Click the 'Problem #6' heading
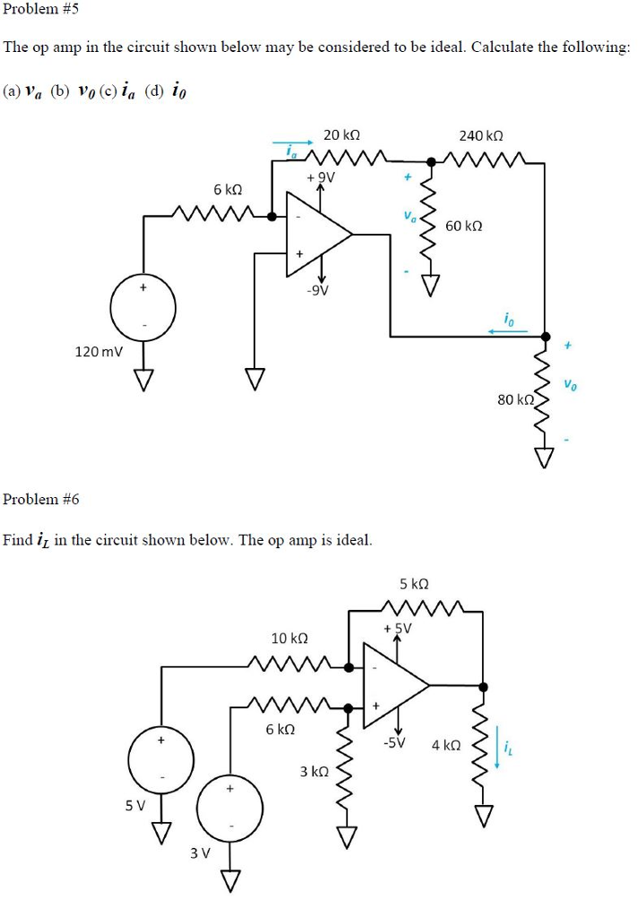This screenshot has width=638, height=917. click(41, 499)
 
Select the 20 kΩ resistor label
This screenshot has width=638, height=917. click(341, 135)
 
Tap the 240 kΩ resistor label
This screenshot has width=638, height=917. click(480, 135)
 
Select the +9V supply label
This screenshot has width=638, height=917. click(320, 176)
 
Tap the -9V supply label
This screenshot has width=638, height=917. click(318, 289)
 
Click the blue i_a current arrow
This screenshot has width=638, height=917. click(293, 141)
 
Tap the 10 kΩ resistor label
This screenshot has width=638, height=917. click(289, 638)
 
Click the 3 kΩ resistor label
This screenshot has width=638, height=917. click(314, 770)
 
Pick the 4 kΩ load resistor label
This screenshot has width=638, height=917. click(445, 745)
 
